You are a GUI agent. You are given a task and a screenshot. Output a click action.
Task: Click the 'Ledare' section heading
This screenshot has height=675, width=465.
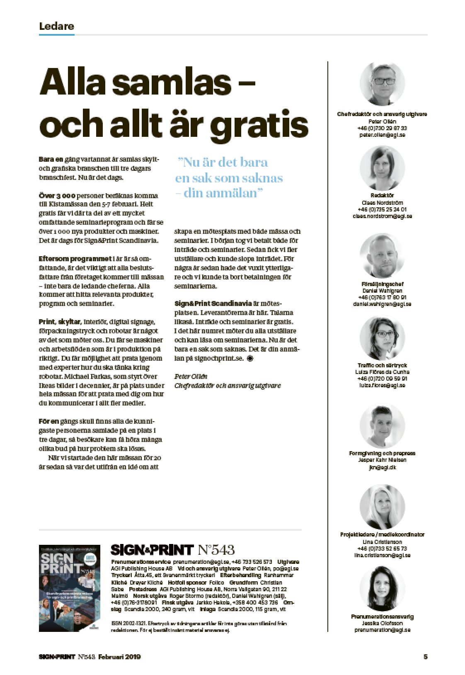point(56,26)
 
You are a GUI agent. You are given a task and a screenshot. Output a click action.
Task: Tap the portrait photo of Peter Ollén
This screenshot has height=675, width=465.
point(382,85)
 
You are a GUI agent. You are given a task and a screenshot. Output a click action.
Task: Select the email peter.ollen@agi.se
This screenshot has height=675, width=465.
point(382,135)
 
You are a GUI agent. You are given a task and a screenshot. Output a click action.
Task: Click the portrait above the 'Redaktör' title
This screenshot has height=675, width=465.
point(382,168)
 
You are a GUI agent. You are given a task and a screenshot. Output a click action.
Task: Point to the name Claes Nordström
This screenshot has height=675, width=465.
point(382,203)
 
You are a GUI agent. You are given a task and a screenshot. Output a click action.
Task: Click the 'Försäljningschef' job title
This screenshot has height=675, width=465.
point(382,284)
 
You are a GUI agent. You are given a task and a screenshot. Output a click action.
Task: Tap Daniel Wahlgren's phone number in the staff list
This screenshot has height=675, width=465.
point(382,297)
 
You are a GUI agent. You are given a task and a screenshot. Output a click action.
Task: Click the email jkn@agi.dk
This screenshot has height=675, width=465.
point(382,467)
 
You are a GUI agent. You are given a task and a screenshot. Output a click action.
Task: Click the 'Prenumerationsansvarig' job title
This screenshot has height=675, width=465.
point(382,617)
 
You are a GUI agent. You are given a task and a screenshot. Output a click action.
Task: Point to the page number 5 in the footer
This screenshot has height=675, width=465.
point(425,656)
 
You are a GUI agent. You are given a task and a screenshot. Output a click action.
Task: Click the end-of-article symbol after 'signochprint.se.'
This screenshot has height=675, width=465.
point(250,359)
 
